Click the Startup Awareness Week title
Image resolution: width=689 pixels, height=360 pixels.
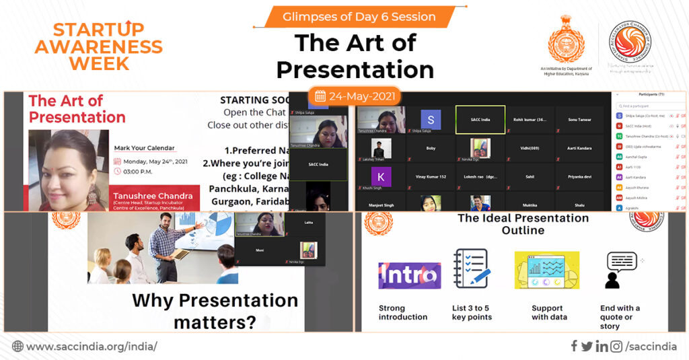coord(98,46)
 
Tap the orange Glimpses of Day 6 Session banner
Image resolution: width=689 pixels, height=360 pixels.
coord(349,16)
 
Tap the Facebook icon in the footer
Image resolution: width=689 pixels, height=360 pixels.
coord(574,347)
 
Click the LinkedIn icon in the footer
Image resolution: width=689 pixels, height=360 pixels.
coord(602,347)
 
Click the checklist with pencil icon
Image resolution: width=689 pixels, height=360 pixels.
coord(471,269)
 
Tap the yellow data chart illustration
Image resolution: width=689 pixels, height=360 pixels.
coord(546,271)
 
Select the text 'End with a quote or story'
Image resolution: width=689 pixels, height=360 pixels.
coord(620,317)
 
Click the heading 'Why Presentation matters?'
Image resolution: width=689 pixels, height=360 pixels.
coord(215,310)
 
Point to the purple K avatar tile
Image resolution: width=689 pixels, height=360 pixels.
coord(381,177)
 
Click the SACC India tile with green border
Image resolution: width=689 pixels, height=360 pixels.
coord(480,120)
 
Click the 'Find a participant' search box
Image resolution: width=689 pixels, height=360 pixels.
coord(649,106)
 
